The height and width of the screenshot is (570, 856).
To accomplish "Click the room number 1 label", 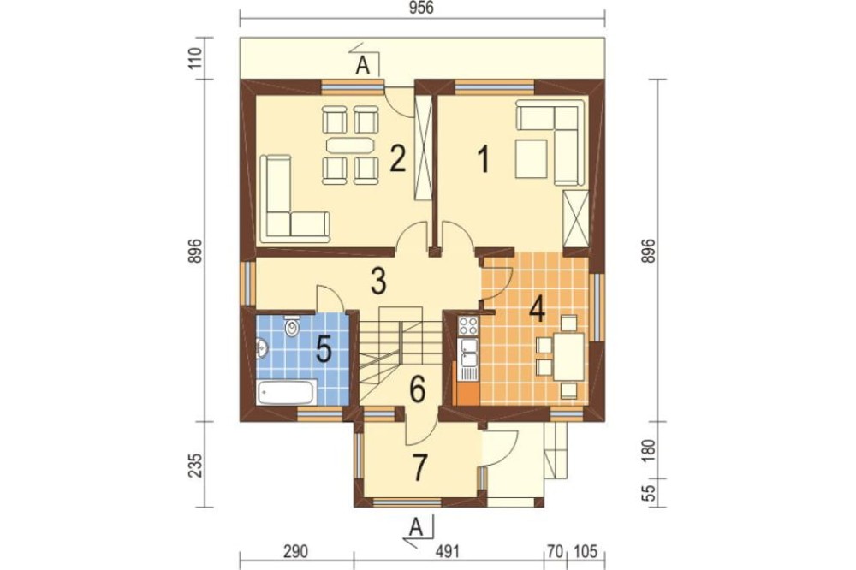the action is [483, 161].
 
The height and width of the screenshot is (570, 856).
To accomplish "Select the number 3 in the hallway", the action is [377, 282].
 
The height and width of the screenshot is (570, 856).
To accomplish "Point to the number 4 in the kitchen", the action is [538, 310].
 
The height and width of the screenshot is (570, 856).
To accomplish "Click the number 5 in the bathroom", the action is [324, 349].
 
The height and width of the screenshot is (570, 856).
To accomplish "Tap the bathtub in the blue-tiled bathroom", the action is [285, 392].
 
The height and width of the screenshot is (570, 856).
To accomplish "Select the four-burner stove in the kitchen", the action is [468, 325].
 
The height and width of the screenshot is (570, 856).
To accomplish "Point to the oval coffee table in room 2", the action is [349, 145].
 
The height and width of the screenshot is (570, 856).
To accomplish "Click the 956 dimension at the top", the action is [421, 9].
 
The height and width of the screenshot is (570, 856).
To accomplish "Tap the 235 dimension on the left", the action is [195, 465].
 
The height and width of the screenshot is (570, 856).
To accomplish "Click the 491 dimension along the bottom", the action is [448, 552].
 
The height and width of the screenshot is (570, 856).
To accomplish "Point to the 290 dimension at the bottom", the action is [296, 552].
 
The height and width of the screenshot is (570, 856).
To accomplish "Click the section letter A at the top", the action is [362, 66].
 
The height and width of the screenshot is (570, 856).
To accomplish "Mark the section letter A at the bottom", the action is [416, 528].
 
